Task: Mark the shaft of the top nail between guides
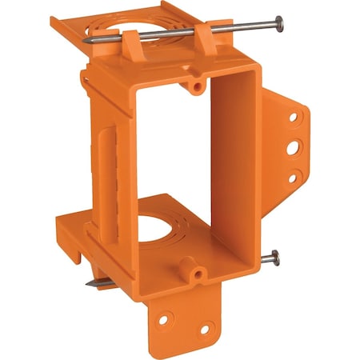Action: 176,32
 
